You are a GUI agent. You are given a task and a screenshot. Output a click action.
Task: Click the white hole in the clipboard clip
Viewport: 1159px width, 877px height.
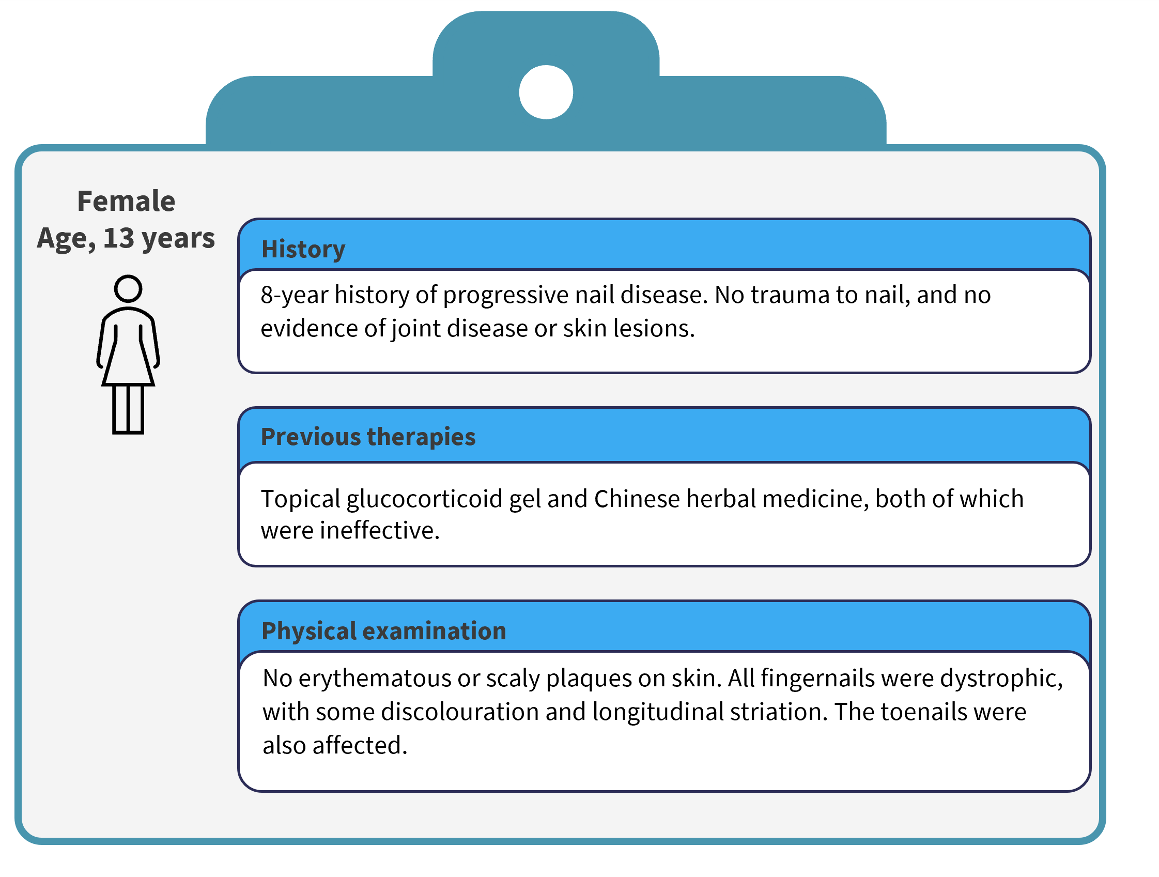point(546,92)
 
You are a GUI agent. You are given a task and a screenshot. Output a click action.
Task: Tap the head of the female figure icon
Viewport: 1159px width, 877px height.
point(128,289)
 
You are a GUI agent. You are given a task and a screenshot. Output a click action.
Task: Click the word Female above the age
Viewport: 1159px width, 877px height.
point(126,201)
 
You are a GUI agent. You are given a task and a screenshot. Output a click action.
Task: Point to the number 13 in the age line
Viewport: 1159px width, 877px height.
point(118,238)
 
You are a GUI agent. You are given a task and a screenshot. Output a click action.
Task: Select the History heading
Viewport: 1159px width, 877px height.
point(303,250)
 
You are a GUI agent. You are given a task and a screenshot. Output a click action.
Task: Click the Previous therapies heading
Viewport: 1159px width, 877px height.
point(368,437)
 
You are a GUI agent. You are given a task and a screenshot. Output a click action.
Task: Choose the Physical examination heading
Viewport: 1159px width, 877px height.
point(384,631)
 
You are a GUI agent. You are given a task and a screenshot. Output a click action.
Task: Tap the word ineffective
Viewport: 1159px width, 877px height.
point(379,531)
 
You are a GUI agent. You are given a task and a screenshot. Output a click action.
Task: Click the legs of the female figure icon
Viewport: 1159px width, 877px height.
point(128,409)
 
